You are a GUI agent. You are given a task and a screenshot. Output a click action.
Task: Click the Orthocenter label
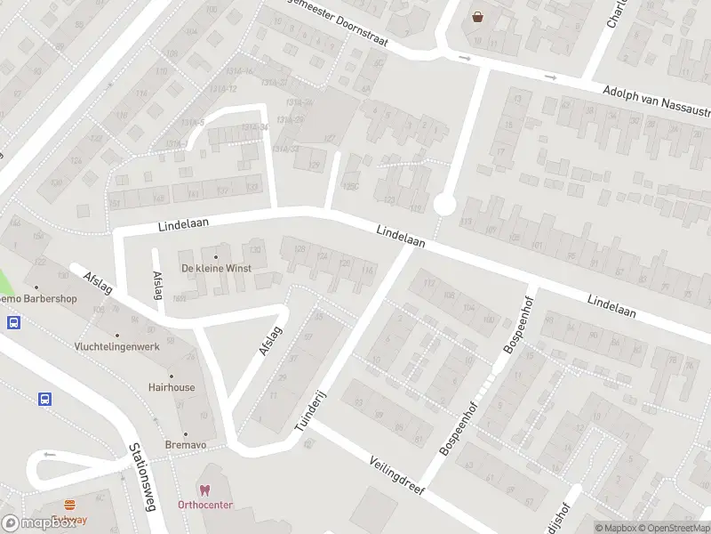[x=205, y=505]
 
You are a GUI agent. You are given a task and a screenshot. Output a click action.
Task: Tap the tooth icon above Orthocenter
[x=205, y=489]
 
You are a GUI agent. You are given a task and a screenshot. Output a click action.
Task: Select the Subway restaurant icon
[x=69, y=505]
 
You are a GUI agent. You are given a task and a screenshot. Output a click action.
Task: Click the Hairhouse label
[x=172, y=387]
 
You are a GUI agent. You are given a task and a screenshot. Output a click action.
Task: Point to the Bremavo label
[x=186, y=443]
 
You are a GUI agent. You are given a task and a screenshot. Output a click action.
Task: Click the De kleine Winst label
[x=216, y=268]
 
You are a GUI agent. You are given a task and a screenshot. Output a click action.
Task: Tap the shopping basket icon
[x=479, y=16]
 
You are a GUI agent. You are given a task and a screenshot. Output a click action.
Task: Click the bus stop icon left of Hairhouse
[x=44, y=400]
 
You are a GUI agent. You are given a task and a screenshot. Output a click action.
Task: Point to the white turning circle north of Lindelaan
[x=444, y=206]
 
